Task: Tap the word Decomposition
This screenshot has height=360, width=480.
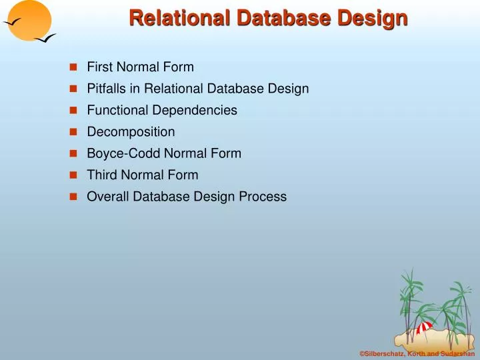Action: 131,132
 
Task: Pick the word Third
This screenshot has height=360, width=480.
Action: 101,175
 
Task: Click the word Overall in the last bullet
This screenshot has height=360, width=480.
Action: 106,197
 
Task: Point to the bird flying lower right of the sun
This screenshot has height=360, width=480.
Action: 45,41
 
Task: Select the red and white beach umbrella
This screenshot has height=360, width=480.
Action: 424,328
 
